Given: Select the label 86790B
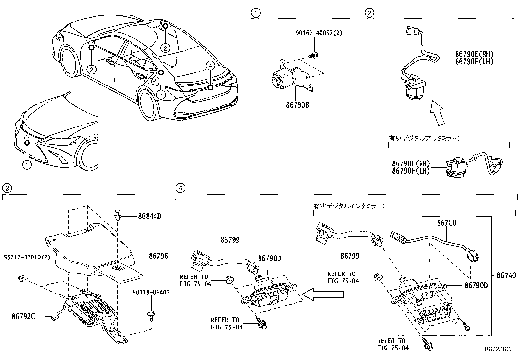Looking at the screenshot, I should [x=297, y=105].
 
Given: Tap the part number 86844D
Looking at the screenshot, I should [x=150, y=216].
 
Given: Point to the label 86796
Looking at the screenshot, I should [x=158, y=256].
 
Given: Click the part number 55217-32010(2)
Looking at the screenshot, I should [x=27, y=258].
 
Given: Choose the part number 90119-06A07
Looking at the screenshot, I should [x=151, y=293].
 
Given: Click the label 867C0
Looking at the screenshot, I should [x=446, y=223].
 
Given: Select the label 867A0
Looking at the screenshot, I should [x=506, y=275].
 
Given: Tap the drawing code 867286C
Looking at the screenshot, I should [x=498, y=350].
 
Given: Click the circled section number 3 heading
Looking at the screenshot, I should [x=7, y=188].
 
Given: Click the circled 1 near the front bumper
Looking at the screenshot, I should [x=27, y=165].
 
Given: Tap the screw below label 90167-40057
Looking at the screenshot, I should [x=315, y=55].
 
